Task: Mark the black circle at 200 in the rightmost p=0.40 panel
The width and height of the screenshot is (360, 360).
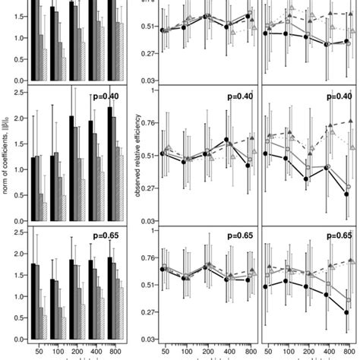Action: pyautogui.click(x=305, y=179)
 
